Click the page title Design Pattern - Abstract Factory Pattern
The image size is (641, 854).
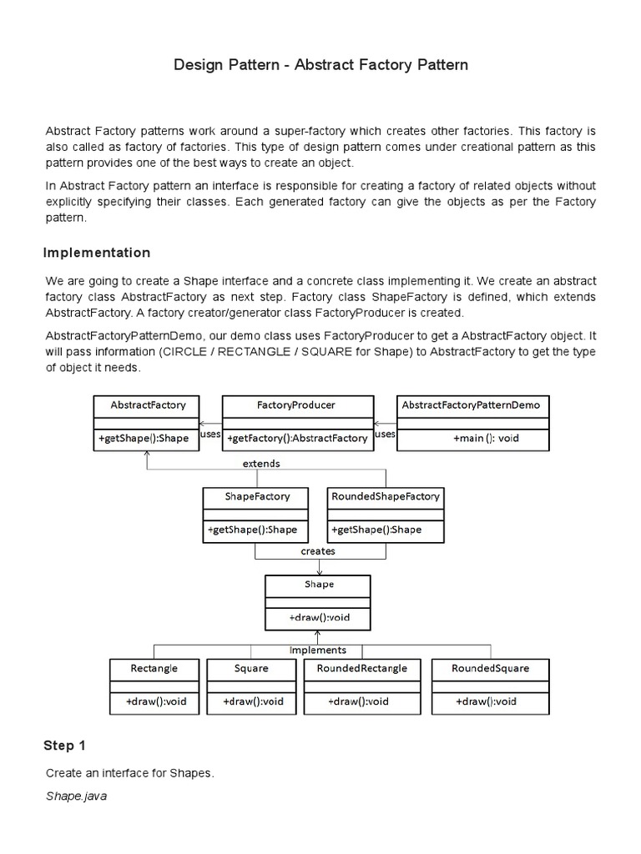(x=320, y=64)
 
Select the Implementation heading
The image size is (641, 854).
(x=97, y=253)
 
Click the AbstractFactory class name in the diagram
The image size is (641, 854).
(x=148, y=405)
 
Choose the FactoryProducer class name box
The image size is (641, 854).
(x=297, y=405)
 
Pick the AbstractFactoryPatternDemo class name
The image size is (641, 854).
(x=472, y=405)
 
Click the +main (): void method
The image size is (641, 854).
(x=486, y=438)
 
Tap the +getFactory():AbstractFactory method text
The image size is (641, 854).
(x=297, y=438)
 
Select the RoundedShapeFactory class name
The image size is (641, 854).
(x=386, y=496)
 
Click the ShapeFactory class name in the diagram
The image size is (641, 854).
(x=257, y=496)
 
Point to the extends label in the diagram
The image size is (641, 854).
(x=260, y=463)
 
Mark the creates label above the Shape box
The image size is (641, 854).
(x=317, y=551)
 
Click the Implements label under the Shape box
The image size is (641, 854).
(x=317, y=650)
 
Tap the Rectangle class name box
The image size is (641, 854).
(x=154, y=668)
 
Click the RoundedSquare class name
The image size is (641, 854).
(x=490, y=668)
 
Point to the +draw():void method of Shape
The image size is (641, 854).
(x=318, y=619)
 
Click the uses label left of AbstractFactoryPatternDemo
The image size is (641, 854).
(x=385, y=435)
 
